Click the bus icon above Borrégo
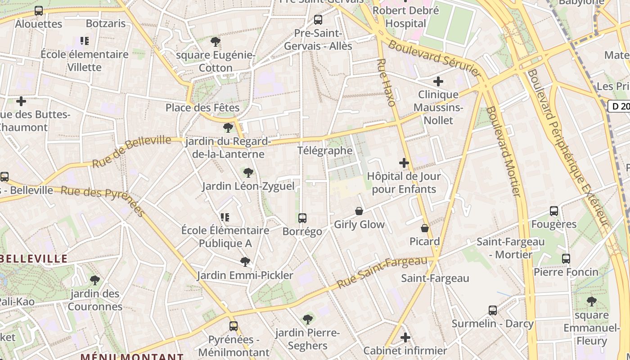302,218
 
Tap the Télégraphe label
325,150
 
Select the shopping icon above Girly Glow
359,211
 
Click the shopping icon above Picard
424,229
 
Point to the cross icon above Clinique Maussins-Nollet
438,81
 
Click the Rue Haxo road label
387,83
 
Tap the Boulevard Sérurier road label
435,57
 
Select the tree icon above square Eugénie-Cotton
216,42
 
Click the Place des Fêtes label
202,108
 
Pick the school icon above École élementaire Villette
85,41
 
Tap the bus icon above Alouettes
39,11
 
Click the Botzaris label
106,23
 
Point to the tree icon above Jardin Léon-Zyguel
248,173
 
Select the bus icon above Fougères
554,211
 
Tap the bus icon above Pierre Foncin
566,259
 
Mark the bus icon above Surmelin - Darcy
493,310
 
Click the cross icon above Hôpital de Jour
404,163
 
